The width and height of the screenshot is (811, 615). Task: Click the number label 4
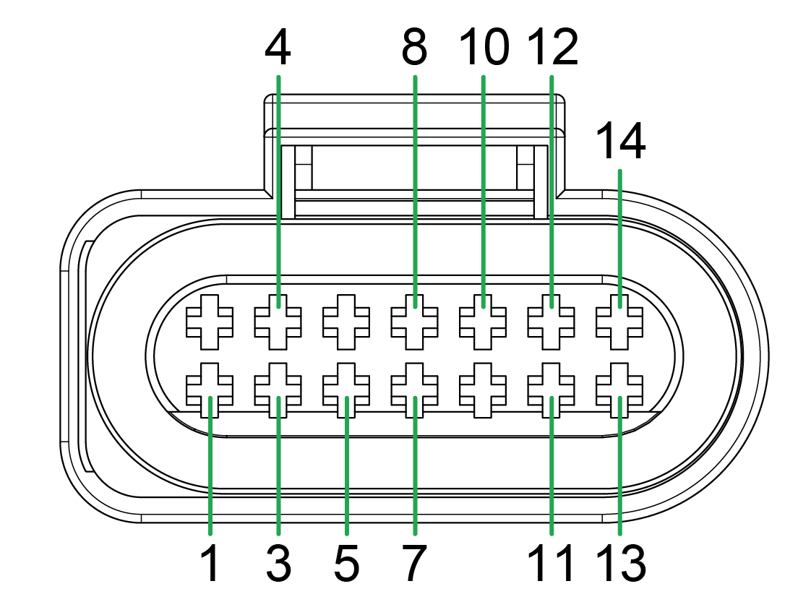click(278, 48)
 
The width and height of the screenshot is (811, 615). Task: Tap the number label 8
click(415, 48)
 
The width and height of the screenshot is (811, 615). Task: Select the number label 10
click(484, 48)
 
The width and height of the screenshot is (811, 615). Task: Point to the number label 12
click(553, 48)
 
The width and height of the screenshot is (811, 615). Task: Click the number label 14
click(620, 142)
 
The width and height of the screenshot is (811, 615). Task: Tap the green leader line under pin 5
click(347, 470)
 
